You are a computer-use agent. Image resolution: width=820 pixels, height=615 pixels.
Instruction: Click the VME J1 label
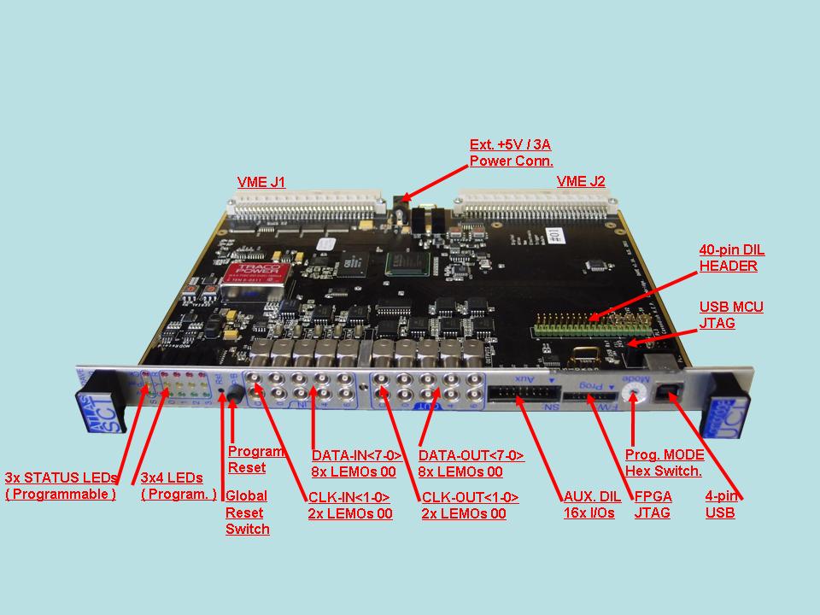tap(261, 182)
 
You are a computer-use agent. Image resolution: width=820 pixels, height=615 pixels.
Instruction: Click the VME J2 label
tap(581, 181)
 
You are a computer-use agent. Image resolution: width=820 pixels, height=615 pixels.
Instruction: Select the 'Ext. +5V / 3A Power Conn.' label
tap(512, 152)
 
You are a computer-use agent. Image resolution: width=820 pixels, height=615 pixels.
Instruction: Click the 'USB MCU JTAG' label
tap(731, 314)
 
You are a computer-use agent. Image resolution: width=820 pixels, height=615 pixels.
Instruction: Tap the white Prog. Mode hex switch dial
tap(633, 390)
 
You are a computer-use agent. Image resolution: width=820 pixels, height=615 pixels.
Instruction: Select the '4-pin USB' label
tap(722, 504)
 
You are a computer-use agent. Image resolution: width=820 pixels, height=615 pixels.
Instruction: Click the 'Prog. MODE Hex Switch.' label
tap(664, 462)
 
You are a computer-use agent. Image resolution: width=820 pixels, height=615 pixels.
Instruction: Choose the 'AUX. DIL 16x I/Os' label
tap(589, 504)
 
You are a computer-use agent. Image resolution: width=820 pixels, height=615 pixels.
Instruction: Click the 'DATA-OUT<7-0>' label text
tap(471, 456)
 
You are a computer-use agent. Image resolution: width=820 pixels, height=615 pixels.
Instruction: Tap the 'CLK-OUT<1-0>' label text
tap(470, 497)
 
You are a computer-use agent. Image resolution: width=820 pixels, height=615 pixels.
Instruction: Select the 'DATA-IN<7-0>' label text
tap(356, 456)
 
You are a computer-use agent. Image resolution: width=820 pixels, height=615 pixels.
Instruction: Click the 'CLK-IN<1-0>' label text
tap(349, 497)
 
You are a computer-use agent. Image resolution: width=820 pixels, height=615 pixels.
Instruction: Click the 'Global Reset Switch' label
tap(247, 512)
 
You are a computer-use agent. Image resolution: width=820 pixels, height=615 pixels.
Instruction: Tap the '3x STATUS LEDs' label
tap(61, 477)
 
